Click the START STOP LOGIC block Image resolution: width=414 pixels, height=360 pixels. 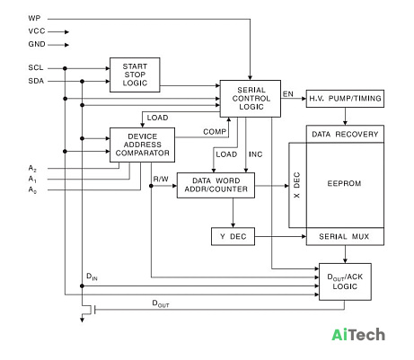(x=135, y=75)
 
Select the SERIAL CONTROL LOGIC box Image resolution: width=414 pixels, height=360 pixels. (x=251, y=99)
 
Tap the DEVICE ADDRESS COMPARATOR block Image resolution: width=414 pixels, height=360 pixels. (x=142, y=145)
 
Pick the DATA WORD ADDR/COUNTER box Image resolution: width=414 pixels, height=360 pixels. (x=216, y=185)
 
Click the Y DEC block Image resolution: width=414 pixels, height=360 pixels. (x=233, y=236)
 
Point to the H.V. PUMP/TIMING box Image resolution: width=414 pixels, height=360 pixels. (x=345, y=99)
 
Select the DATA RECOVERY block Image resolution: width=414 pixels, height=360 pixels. (x=345, y=134)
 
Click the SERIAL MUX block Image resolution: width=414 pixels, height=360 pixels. (x=345, y=236)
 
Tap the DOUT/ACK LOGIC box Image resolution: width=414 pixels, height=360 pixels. (x=345, y=282)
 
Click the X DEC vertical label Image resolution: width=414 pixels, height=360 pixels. (x=296, y=185)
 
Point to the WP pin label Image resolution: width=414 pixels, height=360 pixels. (x=34, y=18)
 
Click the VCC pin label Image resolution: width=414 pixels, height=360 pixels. (x=37, y=31)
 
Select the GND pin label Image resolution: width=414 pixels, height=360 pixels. (x=37, y=44)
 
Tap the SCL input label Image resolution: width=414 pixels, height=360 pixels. (x=36, y=68)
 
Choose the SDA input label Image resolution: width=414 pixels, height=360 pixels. (x=36, y=81)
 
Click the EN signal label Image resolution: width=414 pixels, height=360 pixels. (x=288, y=94)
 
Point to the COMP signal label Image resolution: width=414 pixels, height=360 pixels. (x=215, y=132)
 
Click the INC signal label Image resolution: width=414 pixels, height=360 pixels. (x=255, y=154)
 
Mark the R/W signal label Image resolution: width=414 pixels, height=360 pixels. (x=161, y=179)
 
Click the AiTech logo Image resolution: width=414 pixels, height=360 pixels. (x=358, y=334)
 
